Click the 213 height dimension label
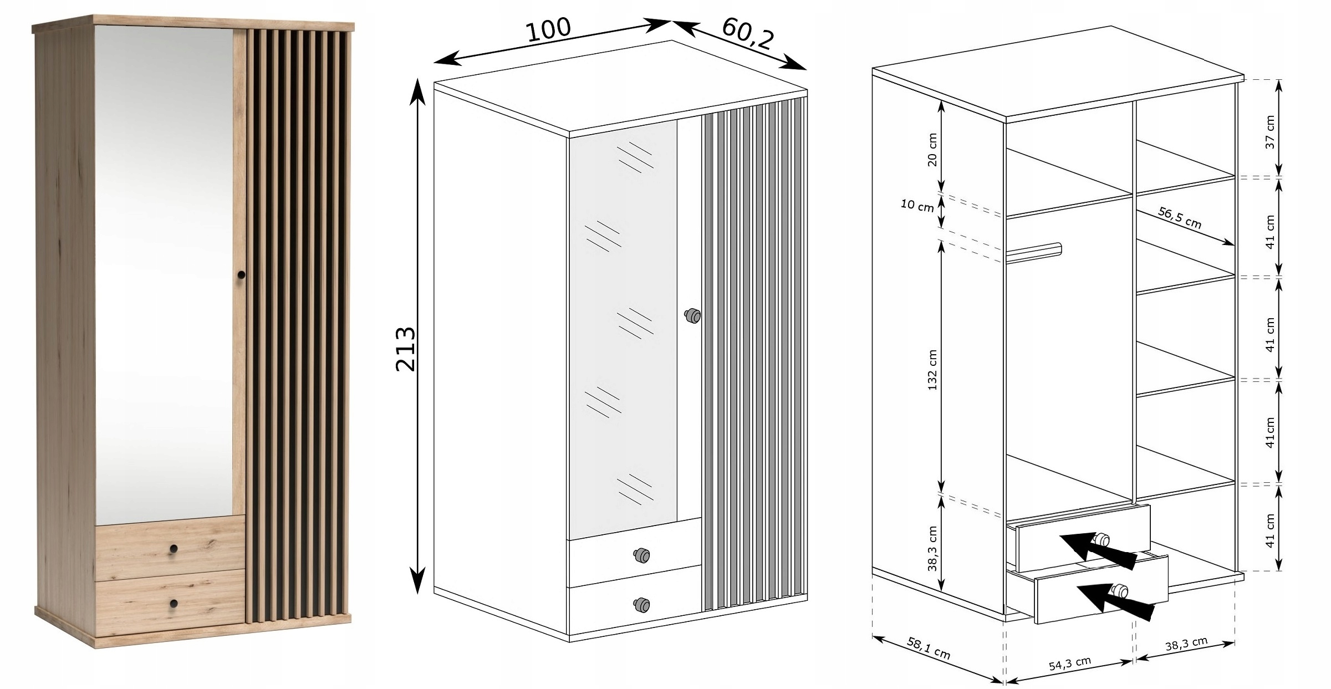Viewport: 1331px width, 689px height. (x=406, y=349)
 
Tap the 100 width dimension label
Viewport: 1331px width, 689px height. (x=548, y=29)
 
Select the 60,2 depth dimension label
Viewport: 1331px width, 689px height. (x=747, y=33)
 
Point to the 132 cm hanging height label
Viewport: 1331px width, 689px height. (x=932, y=370)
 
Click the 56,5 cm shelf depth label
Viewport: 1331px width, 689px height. (x=1180, y=218)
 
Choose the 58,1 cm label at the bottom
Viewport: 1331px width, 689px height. (x=929, y=648)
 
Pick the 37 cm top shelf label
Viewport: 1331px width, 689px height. (x=1270, y=132)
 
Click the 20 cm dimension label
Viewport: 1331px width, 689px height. (x=932, y=150)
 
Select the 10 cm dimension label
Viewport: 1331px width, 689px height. (x=917, y=206)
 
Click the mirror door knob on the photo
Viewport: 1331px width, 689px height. (x=241, y=274)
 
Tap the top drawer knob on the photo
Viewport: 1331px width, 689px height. (x=174, y=548)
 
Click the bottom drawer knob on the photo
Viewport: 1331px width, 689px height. (x=174, y=603)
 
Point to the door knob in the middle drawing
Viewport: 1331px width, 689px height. (x=692, y=316)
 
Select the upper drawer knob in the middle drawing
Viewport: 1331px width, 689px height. (x=641, y=555)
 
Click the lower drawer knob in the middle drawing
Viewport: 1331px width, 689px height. (x=641, y=604)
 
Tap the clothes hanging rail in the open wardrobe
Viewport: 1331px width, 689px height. (x=1034, y=252)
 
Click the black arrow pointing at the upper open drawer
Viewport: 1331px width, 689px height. (x=1099, y=551)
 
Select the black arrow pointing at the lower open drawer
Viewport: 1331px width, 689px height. (x=1115, y=601)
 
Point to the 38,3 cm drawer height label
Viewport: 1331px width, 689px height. (x=932, y=549)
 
